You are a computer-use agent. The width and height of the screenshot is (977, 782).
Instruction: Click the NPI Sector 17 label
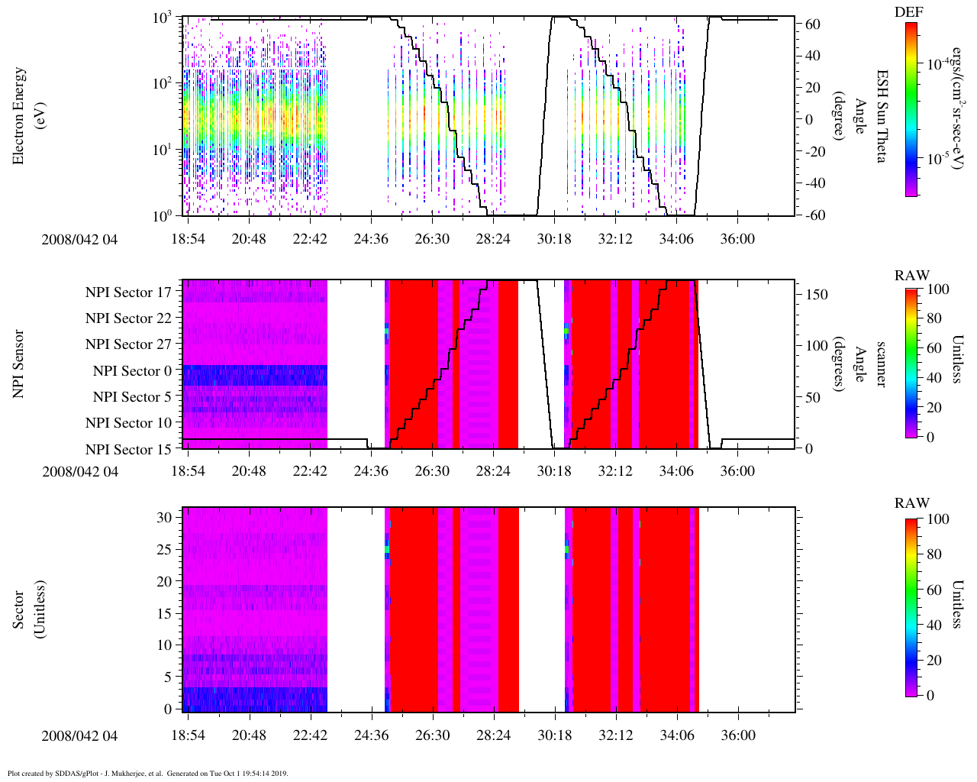tap(128, 292)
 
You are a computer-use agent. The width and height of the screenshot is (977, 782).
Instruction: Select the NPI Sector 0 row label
tap(132, 371)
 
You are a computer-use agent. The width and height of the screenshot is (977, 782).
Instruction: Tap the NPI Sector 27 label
tap(128, 344)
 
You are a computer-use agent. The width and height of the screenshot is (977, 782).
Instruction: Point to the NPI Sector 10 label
tap(128, 423)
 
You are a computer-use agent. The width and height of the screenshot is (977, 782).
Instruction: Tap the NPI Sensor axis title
tap(19, 364)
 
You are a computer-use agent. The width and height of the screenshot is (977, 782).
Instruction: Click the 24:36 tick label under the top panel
tap(371, 239)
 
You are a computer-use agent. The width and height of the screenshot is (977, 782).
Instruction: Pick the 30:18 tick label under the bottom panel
tap(554, 735)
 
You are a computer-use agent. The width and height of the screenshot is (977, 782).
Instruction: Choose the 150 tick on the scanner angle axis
tap(817, 295)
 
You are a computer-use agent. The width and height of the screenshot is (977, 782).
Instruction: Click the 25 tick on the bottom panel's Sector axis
tap(166, 549)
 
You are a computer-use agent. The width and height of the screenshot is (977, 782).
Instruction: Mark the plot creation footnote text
tap(148, 773)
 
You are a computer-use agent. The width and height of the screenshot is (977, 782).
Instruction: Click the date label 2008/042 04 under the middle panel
tap(80, 471)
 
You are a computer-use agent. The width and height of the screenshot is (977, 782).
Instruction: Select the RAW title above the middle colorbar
tap(912, 276)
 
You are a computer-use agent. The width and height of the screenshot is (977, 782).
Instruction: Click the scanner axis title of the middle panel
tap(882, 364)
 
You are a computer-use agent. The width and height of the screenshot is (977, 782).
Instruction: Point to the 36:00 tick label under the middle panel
tap(737, 471)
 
